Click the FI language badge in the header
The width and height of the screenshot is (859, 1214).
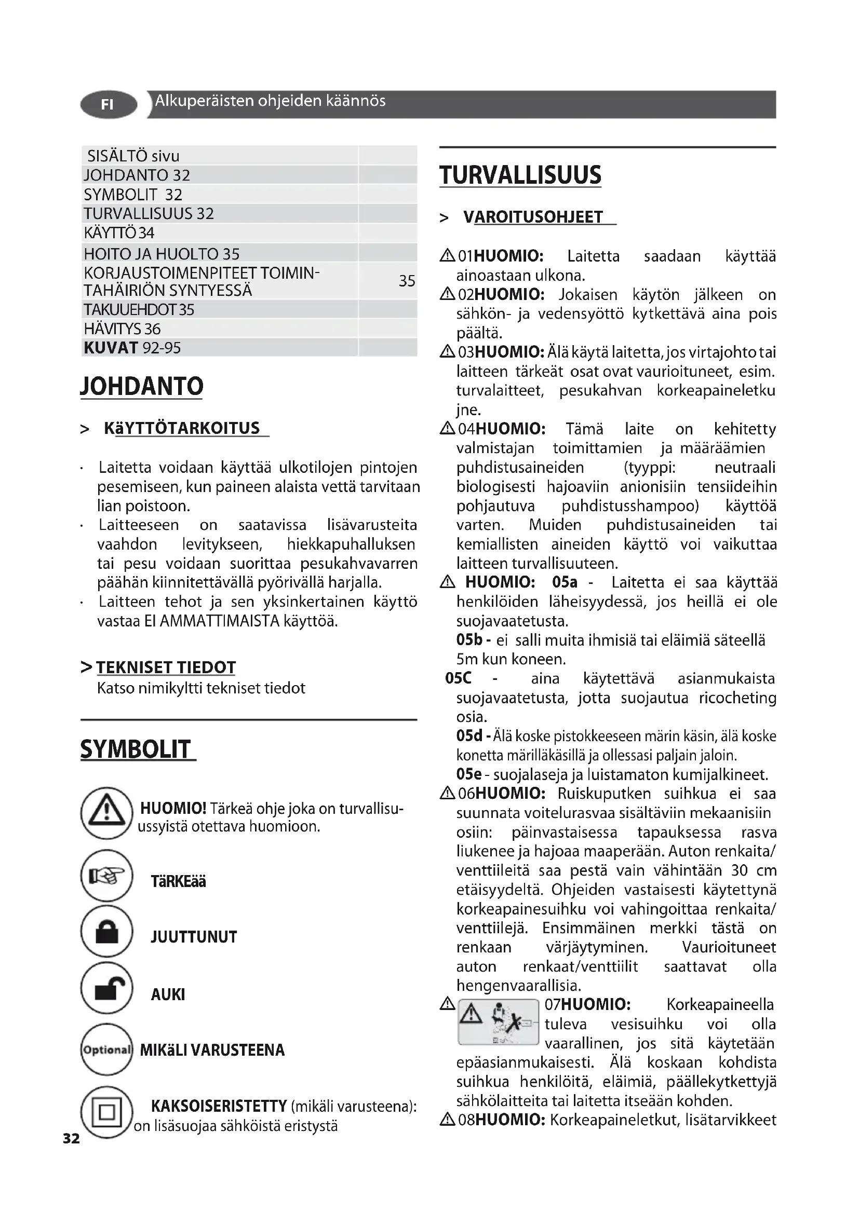tap(108, 105)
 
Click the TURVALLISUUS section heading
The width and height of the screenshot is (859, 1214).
tap(520, 175)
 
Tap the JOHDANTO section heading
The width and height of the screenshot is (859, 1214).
tap(142, 386)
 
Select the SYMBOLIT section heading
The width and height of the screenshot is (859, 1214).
tap(137, 749)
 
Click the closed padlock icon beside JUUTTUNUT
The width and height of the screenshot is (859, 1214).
tap(107, 932)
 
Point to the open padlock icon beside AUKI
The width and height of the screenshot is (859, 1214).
tap(107, 988)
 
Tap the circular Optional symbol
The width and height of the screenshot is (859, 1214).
tap(106, 1049)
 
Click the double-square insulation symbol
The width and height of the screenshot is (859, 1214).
tap(106, 1111)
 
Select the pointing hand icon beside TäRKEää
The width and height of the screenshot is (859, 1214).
tap(107, 876)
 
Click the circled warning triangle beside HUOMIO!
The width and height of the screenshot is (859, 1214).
tap(106, 813)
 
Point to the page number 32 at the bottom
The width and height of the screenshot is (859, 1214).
tap(71, 1138)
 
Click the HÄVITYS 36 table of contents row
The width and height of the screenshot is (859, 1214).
tap(122, 329)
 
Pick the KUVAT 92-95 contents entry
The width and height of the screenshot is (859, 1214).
tap(132, 348)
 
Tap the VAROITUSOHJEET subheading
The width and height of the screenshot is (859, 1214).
tap(533, 217)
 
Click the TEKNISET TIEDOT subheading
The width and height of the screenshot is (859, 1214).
tap(166, 667)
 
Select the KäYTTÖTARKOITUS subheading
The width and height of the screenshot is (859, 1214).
tap(182, 428)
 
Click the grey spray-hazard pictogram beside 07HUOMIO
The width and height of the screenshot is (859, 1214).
tap(498, 1022)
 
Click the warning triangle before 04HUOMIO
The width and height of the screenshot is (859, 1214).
tap(448, 428)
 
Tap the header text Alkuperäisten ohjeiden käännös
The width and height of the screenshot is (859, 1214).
tap(270, 101)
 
